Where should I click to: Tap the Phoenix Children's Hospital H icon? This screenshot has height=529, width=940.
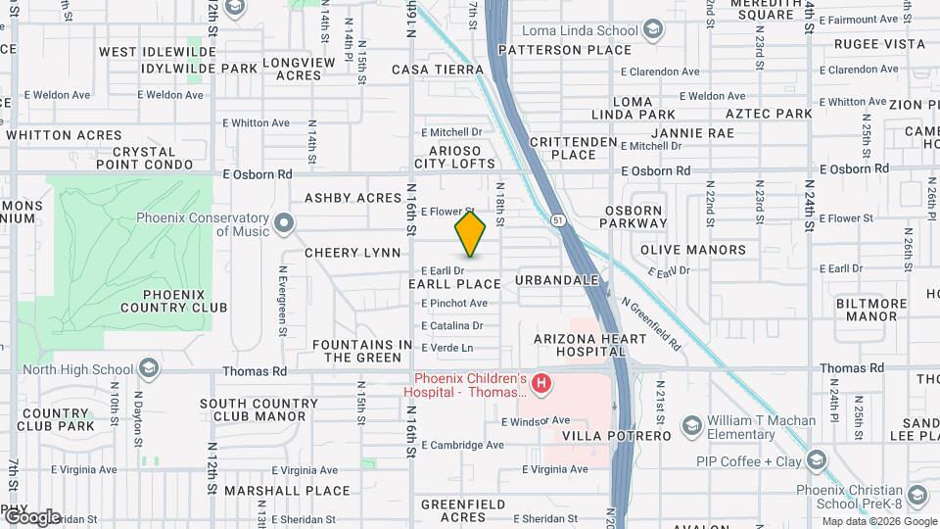click(540, 383)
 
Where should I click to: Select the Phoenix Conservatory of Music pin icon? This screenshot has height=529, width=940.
click(284, 224)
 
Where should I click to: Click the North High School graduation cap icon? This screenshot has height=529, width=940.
click(148, 369)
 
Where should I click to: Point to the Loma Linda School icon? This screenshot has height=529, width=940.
click(651, 30)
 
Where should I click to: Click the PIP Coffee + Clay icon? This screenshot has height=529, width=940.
click(816, 461)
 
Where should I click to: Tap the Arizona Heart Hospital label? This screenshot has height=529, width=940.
click(589, 345)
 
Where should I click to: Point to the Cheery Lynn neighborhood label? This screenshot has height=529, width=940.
click(352, 253)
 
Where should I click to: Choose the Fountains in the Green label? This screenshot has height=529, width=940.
click(362, 352)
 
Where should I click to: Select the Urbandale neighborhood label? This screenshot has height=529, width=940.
click(556, 280)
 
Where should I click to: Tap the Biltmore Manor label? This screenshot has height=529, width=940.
click(871, 310)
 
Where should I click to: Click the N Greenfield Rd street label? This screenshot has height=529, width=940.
click(651, 325)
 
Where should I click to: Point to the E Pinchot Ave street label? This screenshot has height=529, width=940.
click(454, 303)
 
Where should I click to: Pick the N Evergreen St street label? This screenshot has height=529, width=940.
click(282, 287)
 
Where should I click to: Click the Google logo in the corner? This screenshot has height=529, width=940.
click(32, 517)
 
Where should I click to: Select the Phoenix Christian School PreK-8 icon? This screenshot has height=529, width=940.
click(916, 497)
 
